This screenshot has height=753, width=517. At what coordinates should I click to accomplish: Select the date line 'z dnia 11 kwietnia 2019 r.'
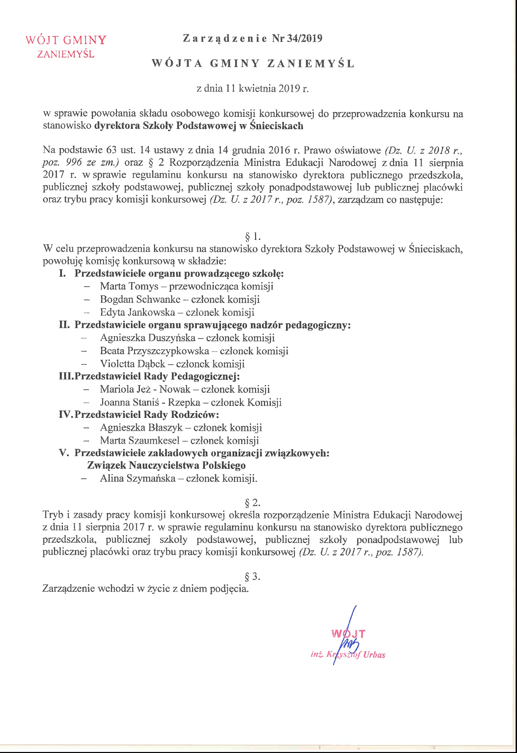[252, 89]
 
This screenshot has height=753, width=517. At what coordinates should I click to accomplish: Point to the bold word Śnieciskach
[276, 126]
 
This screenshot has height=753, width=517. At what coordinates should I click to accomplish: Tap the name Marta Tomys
[129, 286]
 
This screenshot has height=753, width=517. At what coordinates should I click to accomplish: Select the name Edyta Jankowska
[137, 312]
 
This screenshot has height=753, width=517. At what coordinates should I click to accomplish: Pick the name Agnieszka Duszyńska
[148, 338]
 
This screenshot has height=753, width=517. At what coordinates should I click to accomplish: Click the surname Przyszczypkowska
[168, 351]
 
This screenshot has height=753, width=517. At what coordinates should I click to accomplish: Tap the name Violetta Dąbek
[133, 364]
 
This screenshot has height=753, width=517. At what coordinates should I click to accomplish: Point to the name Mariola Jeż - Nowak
[145, 389]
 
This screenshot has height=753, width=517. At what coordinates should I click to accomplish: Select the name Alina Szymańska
[137, 478]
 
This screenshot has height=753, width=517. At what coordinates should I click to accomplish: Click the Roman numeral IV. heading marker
[66, 415]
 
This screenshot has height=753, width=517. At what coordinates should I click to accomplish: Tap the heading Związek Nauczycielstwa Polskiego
[166, 466]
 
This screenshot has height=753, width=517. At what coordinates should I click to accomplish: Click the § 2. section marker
[252, 503]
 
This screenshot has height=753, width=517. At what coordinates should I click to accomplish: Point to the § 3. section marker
[252, 576]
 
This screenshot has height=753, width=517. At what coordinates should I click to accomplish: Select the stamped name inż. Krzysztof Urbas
[348, 655]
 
